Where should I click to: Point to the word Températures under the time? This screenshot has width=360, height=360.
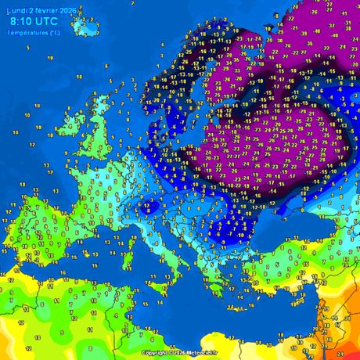coord(28,33)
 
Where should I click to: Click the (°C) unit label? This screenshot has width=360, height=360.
coord(54,33)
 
